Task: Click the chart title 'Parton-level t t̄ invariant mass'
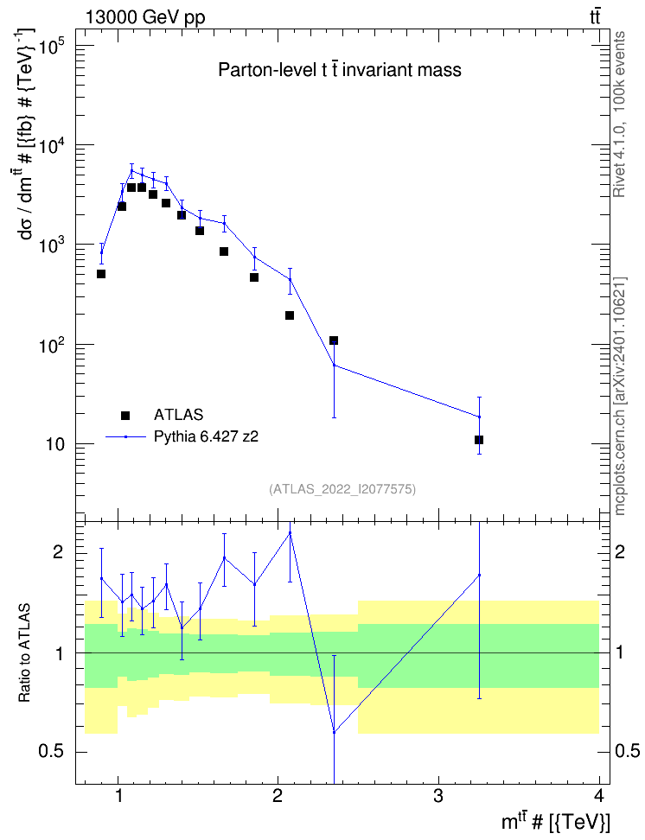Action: point(340,70)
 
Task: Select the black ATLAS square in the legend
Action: point(125,415)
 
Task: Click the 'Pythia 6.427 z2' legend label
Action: point(207,436)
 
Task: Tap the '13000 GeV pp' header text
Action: point(145,17)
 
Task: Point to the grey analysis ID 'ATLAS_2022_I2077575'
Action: point(342,488)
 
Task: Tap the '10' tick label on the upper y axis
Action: point(55,445)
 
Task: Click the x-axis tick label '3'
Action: point(438,796)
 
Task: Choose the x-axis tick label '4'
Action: point(599,796)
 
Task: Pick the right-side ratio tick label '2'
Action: point(620,551)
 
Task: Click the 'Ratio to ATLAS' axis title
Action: point(25,653)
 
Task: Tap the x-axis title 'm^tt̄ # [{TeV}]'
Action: point(556,822)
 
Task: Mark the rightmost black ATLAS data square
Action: point(479,440)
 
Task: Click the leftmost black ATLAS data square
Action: point(101,274)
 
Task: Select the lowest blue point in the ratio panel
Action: point(334,732)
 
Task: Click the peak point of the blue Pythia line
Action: point(131,170)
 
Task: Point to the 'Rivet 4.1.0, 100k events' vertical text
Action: point(619,114)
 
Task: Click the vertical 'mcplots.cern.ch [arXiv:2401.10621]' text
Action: point(620,396)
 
